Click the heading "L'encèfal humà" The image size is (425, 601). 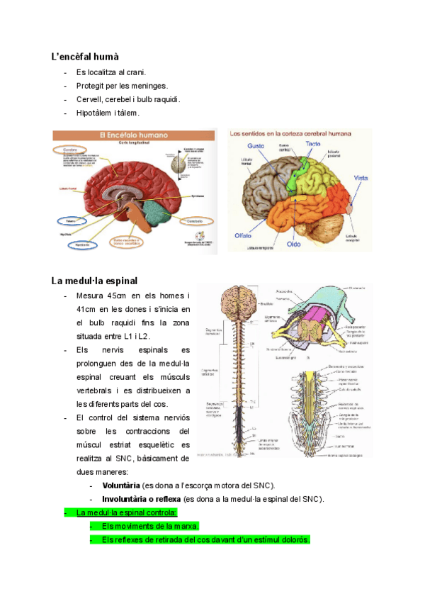(x=85, y=56)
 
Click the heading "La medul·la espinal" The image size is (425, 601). (x=95, y=280)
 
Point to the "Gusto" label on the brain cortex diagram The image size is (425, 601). (x=256, y=145)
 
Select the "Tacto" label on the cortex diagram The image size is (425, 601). (x=313, y=143)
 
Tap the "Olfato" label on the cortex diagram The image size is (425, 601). (x=244, y=235)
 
